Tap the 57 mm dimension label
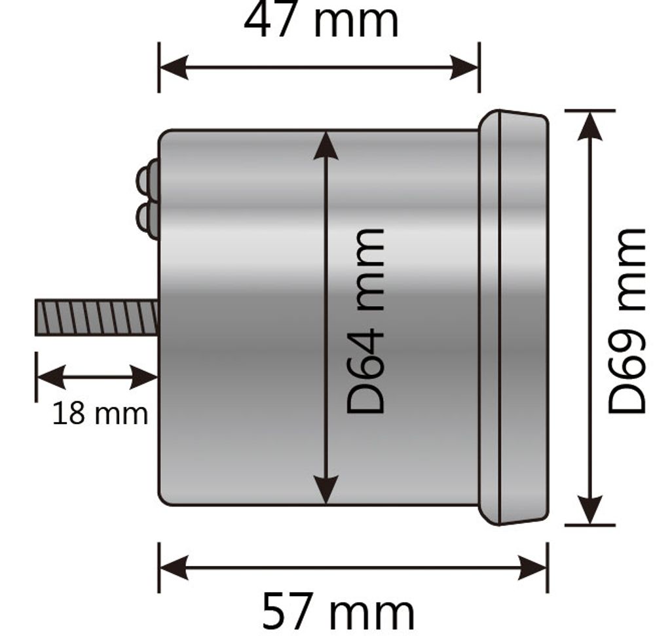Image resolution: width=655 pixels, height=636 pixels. (x=339, y=612)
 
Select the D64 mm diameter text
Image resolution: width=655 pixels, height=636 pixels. (x=365, y=321)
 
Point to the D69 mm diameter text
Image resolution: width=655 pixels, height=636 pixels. (x=627, y=321)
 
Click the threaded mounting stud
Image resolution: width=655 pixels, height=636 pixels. (x=96, y=317)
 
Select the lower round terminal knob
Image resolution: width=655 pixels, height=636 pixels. (x=147, y=221)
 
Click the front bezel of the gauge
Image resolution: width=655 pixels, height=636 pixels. (x=513, y=317)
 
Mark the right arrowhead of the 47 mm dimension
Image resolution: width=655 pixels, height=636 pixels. (x=464, y=67)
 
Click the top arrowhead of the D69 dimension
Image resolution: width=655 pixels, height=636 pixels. (x=589, y=126)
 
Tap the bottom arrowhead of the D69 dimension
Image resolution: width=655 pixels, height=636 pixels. (x=589, y=509)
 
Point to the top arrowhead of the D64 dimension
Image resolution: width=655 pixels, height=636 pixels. (x=326, y=146)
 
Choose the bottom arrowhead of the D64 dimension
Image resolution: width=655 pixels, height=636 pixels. (x=326, y=489)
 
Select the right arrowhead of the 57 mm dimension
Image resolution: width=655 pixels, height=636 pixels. (x=532, y=567)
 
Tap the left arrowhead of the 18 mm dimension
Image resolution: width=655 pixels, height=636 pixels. (x=51, y=378)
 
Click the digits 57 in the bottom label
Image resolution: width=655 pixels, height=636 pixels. (x=288, y=612)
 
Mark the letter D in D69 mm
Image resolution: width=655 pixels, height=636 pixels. (x=627, y=398)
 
